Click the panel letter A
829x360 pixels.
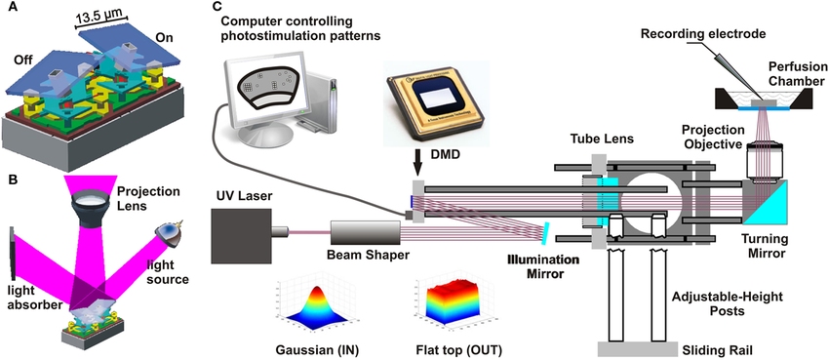tap(8, 11)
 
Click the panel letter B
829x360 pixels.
tap(8, 180)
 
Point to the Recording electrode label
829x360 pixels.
tap(701, 35)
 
